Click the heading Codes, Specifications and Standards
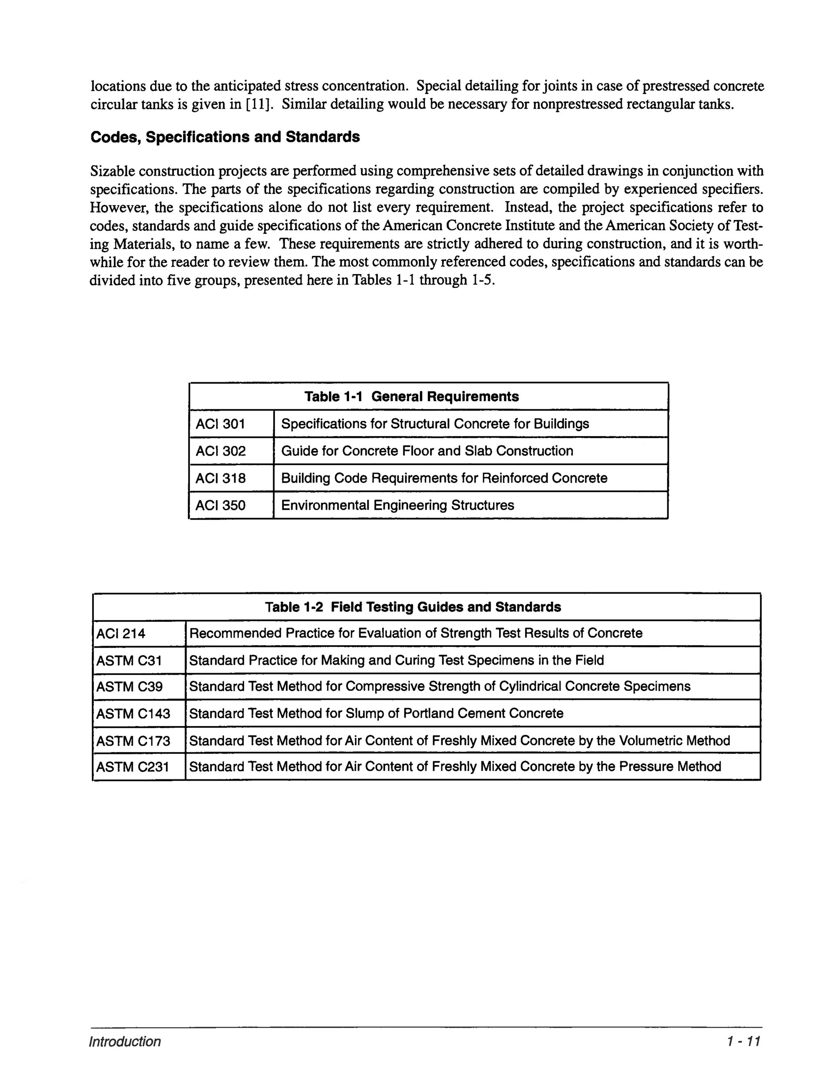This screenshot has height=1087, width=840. tap(225, 137)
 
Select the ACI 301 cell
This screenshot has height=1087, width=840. tap(220, 424)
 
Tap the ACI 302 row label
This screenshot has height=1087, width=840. tap(220, 451)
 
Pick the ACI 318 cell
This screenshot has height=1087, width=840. tap(220, 478)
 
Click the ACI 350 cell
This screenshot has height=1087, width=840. tap(220, 506)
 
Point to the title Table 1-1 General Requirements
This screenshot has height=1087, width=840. tap(411, 397)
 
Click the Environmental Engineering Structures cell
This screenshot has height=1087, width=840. tap(397, 506)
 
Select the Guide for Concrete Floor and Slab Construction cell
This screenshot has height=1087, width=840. tap(427, 451)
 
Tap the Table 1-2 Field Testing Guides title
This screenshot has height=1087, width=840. tap(413, 607)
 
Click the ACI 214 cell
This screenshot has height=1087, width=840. tap(121, 634)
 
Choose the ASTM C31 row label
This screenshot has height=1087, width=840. tap(129, 660)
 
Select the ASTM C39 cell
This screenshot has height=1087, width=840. tap(129, 687)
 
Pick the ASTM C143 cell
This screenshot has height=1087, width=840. tap(133, 714)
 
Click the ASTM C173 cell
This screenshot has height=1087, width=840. tap(133, 741)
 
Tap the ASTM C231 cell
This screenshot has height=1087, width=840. tap(132, 767)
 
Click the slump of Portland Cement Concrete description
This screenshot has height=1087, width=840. tap(376, 714)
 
